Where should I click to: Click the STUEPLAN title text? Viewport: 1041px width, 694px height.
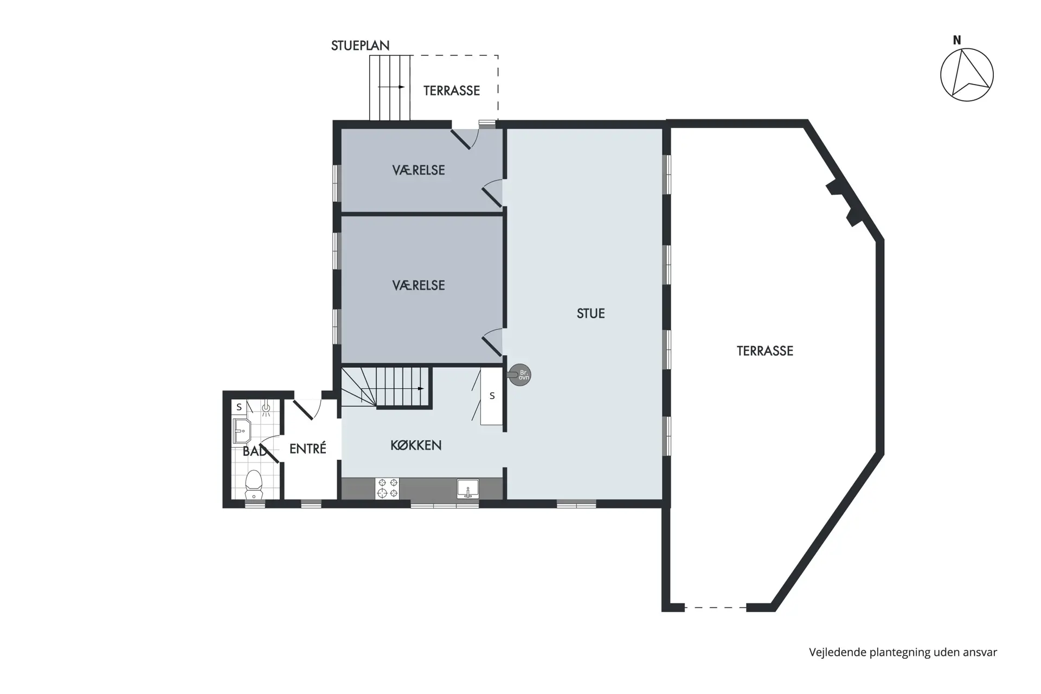click(x=360, y=46)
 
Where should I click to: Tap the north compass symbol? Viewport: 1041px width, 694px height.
click(x=967, y=75)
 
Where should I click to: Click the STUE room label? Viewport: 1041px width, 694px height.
click(x=590, y=313)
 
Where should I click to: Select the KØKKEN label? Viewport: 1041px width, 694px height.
click(x=416, y=445)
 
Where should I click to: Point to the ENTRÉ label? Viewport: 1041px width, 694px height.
click(x=307, y=448)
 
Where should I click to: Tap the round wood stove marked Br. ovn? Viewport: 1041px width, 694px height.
click(x=520, y=374)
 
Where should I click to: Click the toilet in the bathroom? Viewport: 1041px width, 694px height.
click(x=254, y=484)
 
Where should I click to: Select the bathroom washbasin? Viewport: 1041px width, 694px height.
click(x=241, y=430)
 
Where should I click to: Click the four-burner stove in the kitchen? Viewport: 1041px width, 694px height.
click(x=387, y=488)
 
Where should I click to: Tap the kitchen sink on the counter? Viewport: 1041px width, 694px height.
click(x=467, y=489)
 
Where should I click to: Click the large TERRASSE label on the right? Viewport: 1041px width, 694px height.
click(x=764, y=351)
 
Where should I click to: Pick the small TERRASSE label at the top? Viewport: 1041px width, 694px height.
click(x=452, y=91)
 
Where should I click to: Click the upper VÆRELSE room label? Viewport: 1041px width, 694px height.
click(x=418, y=170)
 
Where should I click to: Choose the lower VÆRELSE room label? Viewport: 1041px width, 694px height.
click(x=418, y=285)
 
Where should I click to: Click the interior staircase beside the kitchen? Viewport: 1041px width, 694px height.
click(x=385, y=388)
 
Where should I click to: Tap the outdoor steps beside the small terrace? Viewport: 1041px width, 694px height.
click(x=390, y=87)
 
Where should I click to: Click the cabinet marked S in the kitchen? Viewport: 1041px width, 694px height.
click(x=492, y=396)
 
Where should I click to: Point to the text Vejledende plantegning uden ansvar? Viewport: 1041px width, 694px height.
click(x=903, y=653)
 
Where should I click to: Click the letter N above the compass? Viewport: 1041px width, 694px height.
click(x=957, y=40)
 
